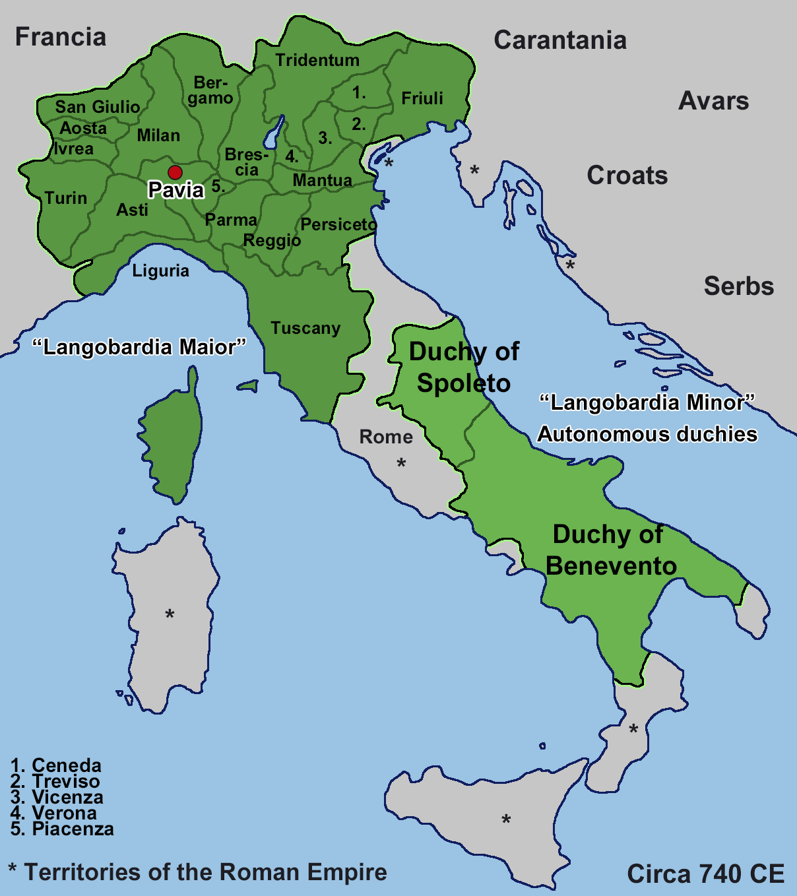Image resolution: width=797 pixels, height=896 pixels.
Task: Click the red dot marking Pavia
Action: pos(175,173)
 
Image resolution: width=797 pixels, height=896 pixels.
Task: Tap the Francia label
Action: pos(61,37)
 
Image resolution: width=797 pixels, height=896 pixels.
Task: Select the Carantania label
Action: pos(560,40)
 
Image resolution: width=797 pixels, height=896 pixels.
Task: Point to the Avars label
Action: pos(714,101)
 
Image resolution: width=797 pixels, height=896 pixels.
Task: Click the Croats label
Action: pos(627,176)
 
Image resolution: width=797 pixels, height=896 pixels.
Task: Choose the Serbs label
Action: pos(739,286)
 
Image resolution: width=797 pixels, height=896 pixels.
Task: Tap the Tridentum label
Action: pos(317,60)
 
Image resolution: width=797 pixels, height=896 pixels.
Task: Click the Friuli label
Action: pos(422,98)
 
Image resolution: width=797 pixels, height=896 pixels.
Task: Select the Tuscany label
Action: pos(305,328)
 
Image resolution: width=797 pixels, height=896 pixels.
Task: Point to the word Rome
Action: pos(386,437)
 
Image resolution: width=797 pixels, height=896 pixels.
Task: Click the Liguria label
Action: pos(161,271)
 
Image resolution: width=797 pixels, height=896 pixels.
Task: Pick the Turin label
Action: pos(66,198)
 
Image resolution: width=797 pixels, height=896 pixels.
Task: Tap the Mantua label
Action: pos(323,180)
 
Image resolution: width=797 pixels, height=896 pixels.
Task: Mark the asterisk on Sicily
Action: pos(506,821)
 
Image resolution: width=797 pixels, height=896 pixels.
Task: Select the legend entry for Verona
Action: pos(55,813)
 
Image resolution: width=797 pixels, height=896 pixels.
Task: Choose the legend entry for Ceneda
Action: pos(57,765)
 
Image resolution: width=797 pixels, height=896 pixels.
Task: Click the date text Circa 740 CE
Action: pos(705,874)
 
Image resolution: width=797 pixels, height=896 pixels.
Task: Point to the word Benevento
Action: pos(612,566)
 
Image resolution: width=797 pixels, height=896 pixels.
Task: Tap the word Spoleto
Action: pos(464,383)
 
